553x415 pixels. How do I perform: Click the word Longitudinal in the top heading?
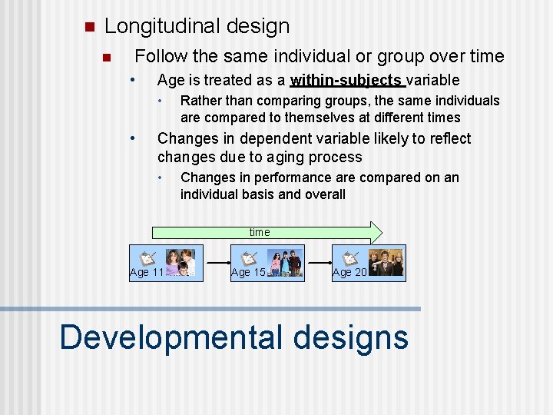164,26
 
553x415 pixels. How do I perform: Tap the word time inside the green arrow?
260,232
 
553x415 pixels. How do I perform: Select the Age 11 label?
146,273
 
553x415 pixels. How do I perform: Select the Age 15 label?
248,273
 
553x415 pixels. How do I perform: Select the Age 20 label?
349,273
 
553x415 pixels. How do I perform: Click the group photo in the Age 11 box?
180,261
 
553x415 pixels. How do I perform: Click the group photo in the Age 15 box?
285,261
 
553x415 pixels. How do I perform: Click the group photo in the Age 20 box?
386,262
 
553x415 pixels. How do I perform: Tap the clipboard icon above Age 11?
147,259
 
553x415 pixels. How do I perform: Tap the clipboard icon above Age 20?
350,259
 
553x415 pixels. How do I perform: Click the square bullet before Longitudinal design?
88,27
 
